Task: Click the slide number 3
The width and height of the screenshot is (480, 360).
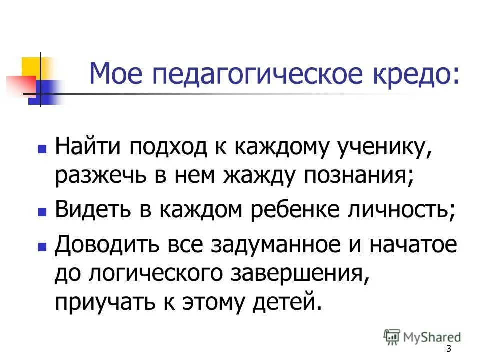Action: point(448,349)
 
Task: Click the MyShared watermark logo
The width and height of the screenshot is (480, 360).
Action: point(422,336)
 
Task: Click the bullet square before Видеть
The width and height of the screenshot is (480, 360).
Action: point(42,212)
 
